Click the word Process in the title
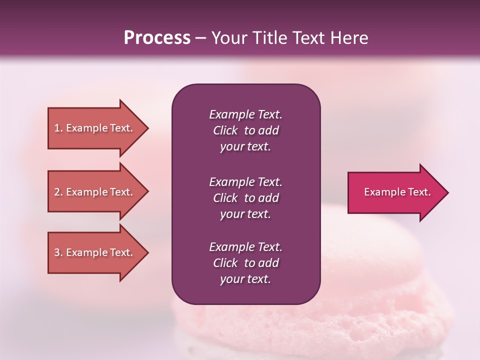157,38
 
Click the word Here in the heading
348,38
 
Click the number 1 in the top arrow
57,128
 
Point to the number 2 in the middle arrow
57,192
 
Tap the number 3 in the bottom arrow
57,252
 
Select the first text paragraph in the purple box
245,130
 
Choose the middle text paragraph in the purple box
245,198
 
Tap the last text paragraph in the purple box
245,263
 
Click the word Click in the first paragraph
225,130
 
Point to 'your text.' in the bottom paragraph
245,279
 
